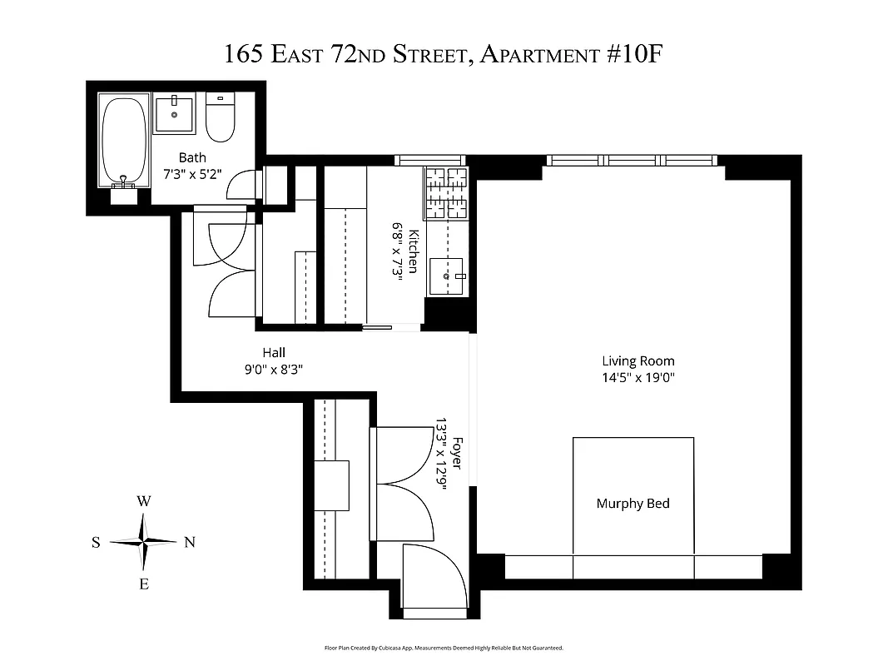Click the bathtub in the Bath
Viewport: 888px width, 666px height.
click(x=124, y=142)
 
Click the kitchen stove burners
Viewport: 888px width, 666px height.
click(x=448, y=193)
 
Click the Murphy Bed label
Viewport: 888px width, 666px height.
click(x=633, y=504)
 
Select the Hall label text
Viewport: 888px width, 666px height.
click(x=274, y=353)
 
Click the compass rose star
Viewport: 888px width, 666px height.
click(x=144, y=542)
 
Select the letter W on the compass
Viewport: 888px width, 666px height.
click(x=143, y=501)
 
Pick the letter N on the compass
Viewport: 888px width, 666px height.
click(x=189, y=542)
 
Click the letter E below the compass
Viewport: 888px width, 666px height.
click(x=143, y=584)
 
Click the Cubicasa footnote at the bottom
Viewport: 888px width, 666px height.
click(x=444, y=647)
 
